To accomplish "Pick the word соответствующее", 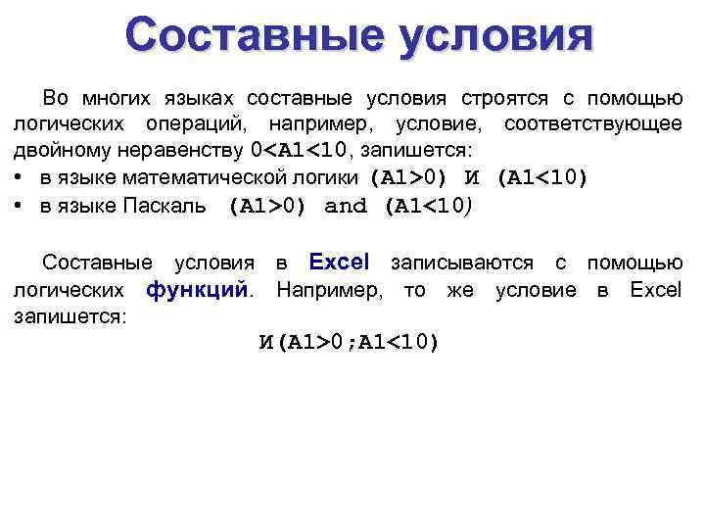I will click(x=592, y=125).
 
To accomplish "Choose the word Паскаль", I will click(x=165, y=206).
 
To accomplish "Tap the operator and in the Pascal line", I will click(x=345, y=206).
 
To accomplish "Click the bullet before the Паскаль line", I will click(x=19, y=206).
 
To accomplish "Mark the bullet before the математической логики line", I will click(x=19, y=178).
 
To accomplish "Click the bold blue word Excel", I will click(x=339, y=263).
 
